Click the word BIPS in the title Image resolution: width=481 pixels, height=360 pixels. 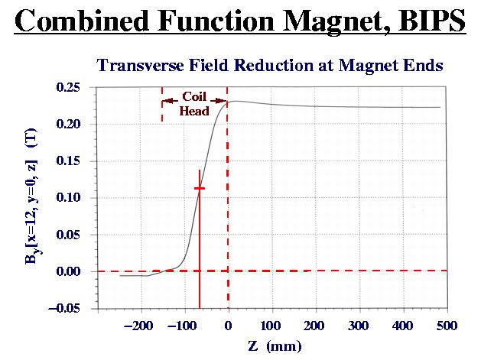tap(432, 21)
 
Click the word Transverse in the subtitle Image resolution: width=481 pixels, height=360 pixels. tap(140, 65)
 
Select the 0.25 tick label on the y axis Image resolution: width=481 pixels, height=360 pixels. tap(68, 87)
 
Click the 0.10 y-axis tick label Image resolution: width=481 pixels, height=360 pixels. tap(68, 197)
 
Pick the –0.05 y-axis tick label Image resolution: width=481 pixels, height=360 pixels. tap(64, 308)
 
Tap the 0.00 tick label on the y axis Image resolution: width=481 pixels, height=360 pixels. tap(68, 271)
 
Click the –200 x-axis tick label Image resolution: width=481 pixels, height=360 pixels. tap(138, 326)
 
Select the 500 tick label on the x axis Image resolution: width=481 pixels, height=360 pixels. tap(447, 326)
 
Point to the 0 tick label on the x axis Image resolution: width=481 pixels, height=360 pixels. tap(228, 326)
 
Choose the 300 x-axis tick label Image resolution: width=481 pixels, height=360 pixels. tap(359, 326)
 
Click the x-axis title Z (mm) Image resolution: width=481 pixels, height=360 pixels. tap(275, 346)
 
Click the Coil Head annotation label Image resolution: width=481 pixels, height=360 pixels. tap(194, 104)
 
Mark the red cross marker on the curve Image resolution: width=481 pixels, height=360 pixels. tap(200, 188)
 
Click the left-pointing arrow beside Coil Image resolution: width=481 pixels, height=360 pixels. tap(170, 101)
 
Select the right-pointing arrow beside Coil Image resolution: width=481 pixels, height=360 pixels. tap(218, 101)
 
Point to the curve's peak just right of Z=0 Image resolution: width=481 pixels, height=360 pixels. tap(237, 101)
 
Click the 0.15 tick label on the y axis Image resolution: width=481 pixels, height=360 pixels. tap(68, 161)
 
